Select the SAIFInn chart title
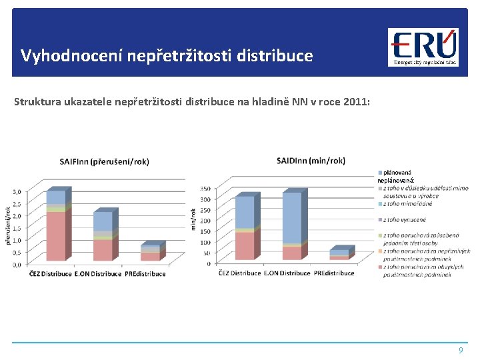point(105,161)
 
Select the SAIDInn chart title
point(311,161)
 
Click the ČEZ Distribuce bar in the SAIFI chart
point(56,227)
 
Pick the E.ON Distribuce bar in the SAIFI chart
point(103,237)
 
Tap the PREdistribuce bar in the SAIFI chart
point(151,253)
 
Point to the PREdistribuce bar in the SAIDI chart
point(339,254)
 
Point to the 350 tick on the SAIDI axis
point(205,189)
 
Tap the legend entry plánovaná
point(397,172)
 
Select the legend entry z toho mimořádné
point(407,203)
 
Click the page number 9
point(459,351)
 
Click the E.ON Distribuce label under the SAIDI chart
point(287,273)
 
